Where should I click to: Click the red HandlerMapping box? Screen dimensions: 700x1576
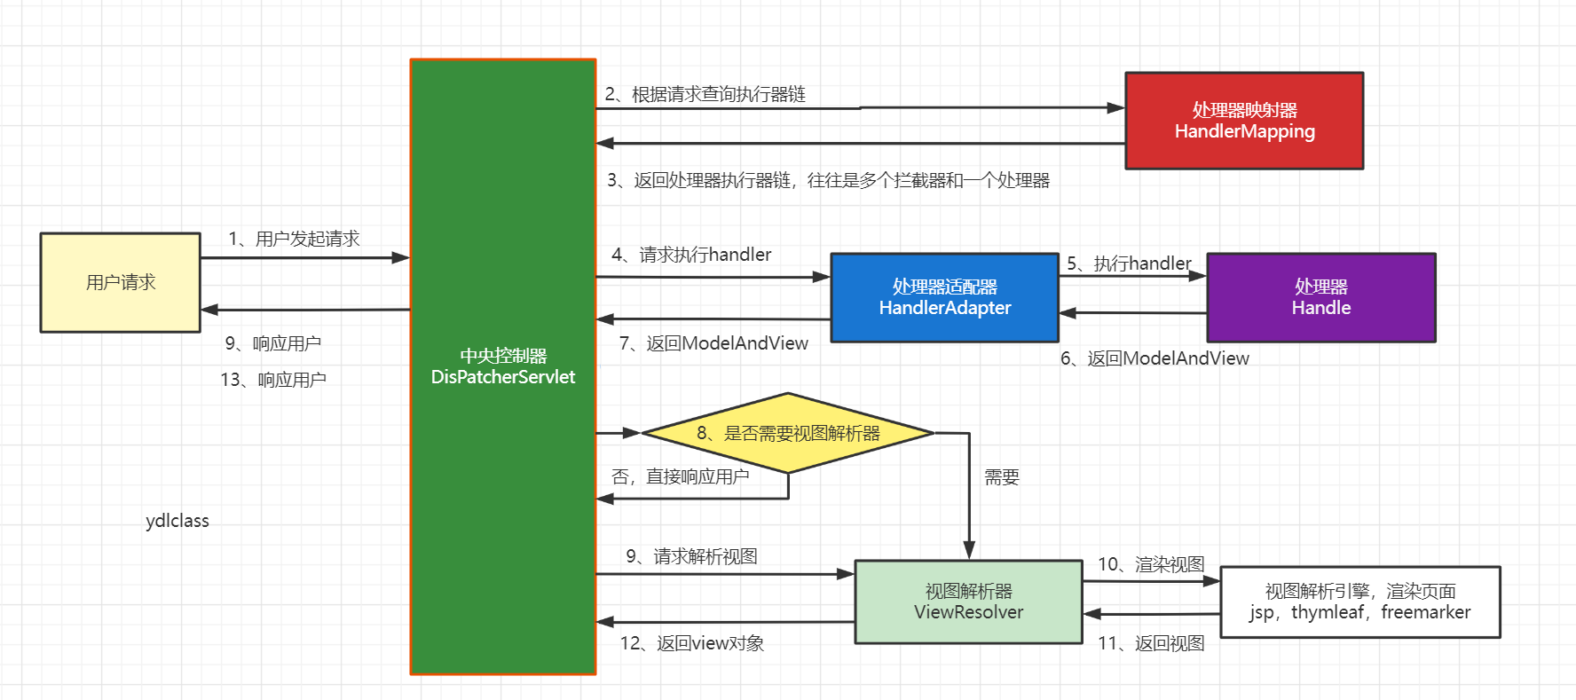[x=1243, y=121]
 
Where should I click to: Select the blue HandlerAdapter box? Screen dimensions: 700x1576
[x=944, y=297]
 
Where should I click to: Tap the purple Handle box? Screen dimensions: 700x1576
[x=1320, y=297]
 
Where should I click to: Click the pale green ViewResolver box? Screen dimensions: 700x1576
[x=968, y=602]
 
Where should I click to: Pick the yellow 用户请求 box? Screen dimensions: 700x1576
[x=120, y=282]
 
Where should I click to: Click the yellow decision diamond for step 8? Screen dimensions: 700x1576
[x=787, y=433]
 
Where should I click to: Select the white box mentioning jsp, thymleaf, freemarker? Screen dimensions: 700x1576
[x=1359, y=602]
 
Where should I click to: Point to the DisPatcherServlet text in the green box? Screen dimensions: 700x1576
[x=502, y=377]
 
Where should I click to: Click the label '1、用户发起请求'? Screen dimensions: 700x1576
[x=294, y=239]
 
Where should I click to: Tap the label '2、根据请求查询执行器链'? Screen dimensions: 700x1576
[x=705, y=94]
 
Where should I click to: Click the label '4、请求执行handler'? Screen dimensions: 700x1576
[x=691, y=255]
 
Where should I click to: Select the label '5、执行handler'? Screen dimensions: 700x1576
[x=1128, y=263]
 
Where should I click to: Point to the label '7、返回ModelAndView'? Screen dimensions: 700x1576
[x=713, y=343]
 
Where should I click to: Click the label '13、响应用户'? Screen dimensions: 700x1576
[x=273, y=380]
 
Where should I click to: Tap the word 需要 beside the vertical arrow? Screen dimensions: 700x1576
[x=1002, y=477]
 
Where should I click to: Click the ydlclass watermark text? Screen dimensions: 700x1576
[x=177, y=521]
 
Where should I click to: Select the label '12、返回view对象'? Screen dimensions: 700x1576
[x=691, y=643]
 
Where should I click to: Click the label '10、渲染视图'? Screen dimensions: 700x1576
[x=1151, y=564]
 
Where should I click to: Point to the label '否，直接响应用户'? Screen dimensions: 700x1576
[x=680, y=476]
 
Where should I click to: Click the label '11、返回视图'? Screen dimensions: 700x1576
[x=1151, y=643]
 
